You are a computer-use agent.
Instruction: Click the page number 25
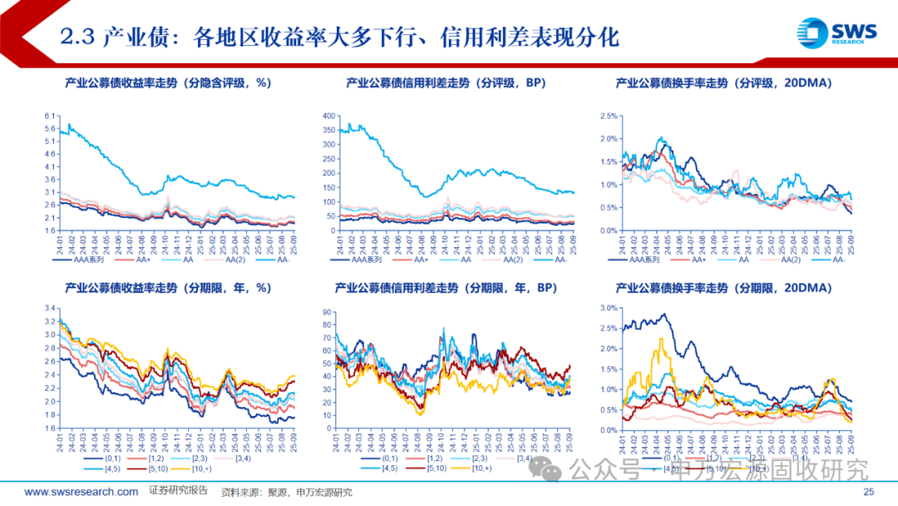click(871, 493)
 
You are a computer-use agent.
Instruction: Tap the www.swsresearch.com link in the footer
click(81, 492)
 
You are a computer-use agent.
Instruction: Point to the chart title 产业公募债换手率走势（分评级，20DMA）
click(724, 83)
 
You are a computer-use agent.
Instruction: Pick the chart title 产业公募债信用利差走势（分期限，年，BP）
click(445, 288)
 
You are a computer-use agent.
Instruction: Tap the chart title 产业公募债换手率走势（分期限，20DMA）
click(724, 288)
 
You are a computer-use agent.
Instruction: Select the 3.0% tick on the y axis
click(607, 308)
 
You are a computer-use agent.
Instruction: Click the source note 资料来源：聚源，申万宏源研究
click(286, 493)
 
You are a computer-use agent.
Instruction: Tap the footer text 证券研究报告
click(178, 491)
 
